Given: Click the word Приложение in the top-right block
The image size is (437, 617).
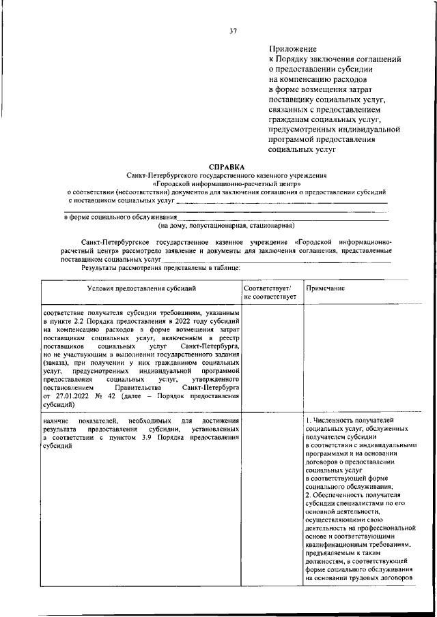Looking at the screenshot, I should (x=293, y=48).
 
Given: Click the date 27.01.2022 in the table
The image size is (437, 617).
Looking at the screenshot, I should (x=66, y=395).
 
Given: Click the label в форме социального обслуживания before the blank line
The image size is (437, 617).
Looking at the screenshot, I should (x=120, y=217).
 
